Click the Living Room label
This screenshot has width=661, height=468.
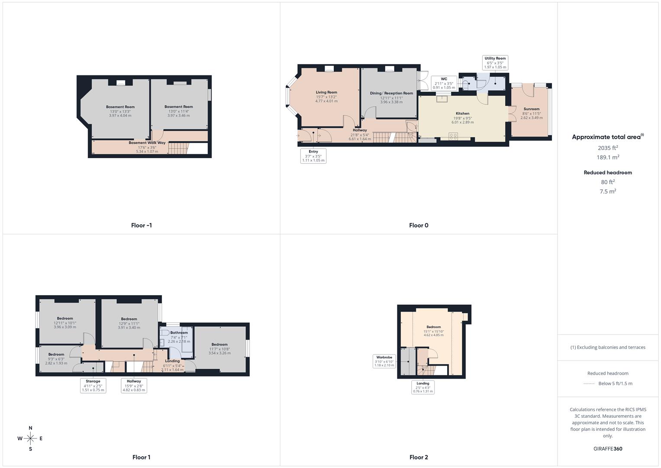click(326, 92)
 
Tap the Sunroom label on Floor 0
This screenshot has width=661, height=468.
click(531, 109)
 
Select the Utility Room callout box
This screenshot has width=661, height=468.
click(495, 62)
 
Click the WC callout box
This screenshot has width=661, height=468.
click(444, 83)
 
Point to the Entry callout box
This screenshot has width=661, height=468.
click(313, 156)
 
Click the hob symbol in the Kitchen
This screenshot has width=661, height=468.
click(453, 136)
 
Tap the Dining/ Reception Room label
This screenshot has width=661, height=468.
click(391, 93)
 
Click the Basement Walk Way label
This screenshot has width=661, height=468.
click(147, 143)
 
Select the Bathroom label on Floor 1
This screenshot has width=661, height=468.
click(179, 333)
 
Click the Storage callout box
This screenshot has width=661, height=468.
click(93, 385)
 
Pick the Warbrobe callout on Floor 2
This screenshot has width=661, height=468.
click(384, 361)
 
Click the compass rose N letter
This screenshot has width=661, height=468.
click(30, 428)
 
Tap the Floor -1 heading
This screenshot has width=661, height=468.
click(141, 225)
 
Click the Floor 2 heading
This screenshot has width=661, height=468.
click(419, 457)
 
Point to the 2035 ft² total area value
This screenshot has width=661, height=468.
click(608, 148)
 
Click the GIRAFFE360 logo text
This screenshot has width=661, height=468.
click(608, 448)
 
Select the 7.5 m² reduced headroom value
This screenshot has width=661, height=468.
click(608, 191)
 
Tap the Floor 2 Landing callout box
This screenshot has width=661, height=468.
click(423, 387)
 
